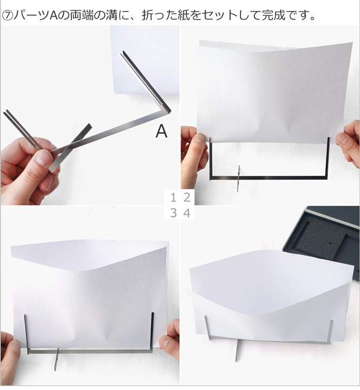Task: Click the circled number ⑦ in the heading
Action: tap(7, 16)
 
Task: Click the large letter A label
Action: tap(161, 131)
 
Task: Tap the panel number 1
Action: tap(174, 198)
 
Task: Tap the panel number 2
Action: tap(187, 198)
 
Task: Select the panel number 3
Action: tap(174, 213)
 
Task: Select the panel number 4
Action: tap(187, 213)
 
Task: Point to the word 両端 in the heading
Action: tap(82, 16)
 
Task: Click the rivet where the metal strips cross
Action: tap(80, 137)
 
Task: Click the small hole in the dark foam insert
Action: tap(330, 243)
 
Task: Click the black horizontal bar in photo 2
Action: tap(269, 178)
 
